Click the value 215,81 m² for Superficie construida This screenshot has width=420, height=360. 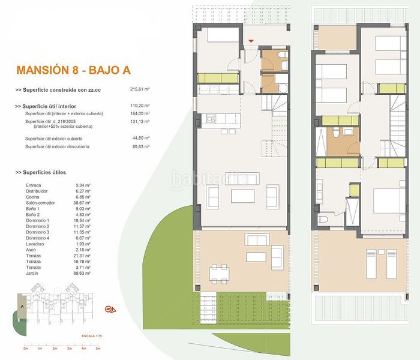[x=140, y=89]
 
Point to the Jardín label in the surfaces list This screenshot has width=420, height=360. [x=33, y=272]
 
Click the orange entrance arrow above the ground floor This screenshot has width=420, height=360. [x=251, y=41]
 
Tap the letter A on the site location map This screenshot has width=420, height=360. [x=22, y=305]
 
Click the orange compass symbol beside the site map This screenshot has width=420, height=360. [x=110, y=310]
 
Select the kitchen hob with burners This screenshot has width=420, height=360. [x=211, y=119]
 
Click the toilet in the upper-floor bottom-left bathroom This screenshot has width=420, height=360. [x=322, y=221]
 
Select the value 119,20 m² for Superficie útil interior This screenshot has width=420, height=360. [x=140, y=106]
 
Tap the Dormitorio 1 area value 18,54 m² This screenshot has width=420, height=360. [x=82, y=221]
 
